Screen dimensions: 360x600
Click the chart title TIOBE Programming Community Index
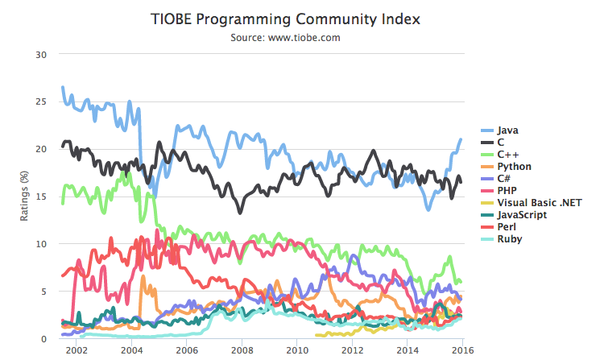[300, 19]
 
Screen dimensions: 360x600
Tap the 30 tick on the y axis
[43, 54]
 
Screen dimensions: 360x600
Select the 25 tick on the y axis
[43, 101]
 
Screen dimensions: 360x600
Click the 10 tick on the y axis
[43, 244]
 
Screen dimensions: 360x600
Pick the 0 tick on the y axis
[45, 338]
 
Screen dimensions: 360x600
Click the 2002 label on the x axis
[76, 350]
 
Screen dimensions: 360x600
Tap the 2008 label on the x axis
[242, 350]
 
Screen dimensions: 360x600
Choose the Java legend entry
[507, 130]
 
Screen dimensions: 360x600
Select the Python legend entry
[514, 166]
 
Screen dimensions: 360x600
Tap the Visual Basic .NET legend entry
[537, 203]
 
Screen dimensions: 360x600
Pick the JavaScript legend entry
[522, 215]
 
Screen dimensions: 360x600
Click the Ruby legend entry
[509, 239]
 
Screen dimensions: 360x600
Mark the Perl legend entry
[507, 227]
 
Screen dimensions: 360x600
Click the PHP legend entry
[507, 191]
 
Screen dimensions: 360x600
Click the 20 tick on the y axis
[43, 149]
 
